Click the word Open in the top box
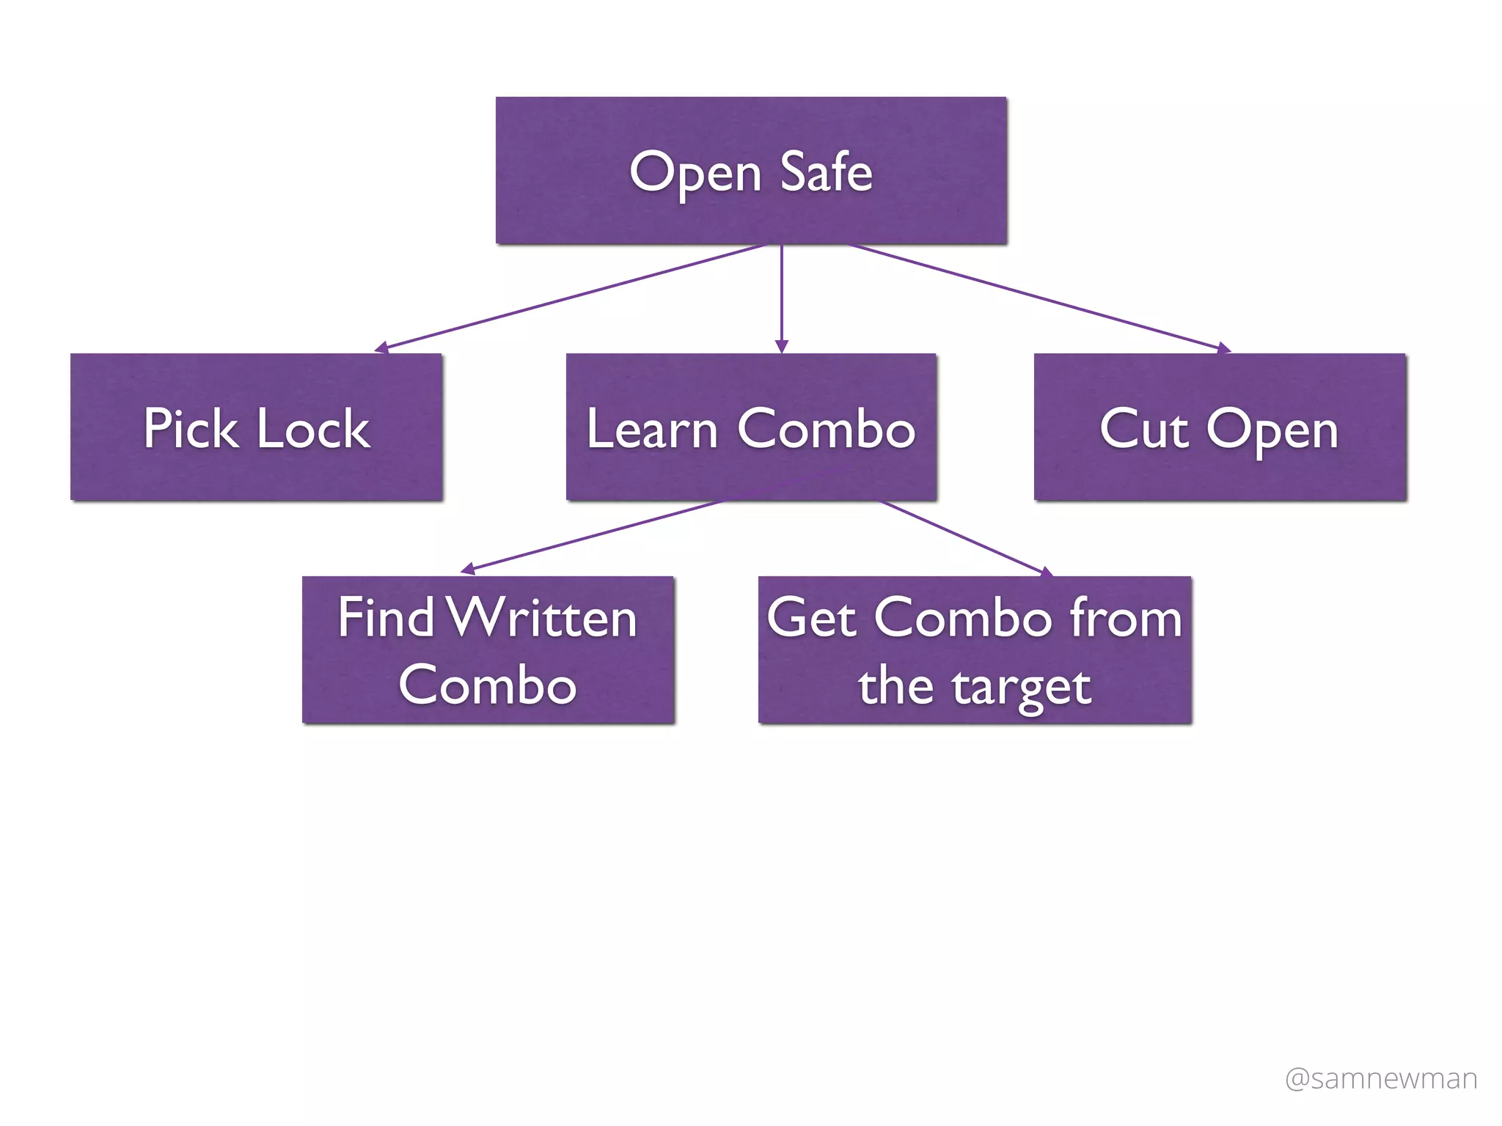[695, 174]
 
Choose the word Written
[542, 617]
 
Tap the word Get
[811, 617]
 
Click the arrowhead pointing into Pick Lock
[381, 347]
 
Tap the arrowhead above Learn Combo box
[782, 347]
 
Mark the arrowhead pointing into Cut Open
[1223, 348]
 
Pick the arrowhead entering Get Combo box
[1046, 572]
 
